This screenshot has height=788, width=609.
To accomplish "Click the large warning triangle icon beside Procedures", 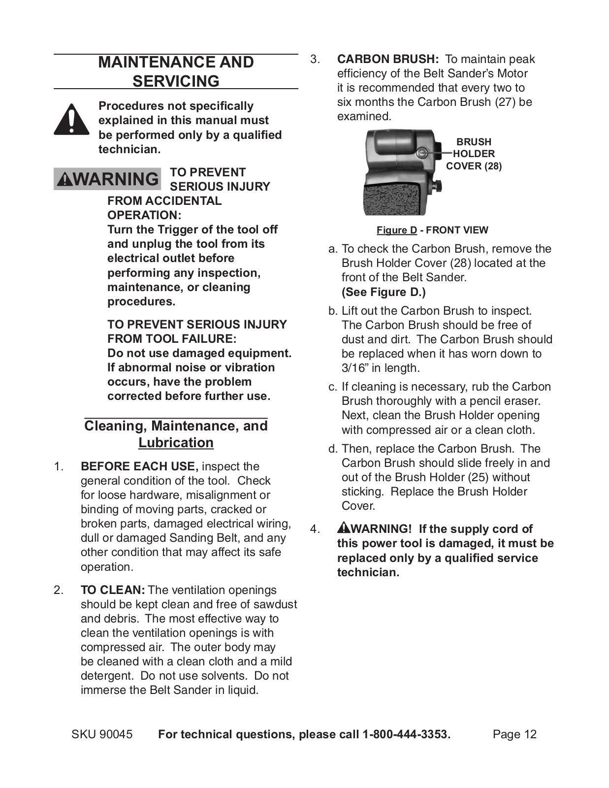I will [x=71, y=120].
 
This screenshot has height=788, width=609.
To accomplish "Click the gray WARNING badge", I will [x=107, y=179].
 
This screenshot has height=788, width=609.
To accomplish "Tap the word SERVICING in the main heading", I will [x=176, y=81].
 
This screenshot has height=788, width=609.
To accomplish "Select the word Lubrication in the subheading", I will [x=176, y=443].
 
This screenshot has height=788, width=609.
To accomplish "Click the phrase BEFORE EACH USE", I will [x=139, y=466].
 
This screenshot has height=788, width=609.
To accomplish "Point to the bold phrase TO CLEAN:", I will [x=113, y=590].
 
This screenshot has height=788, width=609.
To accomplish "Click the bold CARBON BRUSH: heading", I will [x=387, y=59].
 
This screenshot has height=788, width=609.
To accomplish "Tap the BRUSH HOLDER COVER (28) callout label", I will [x=474, y=154].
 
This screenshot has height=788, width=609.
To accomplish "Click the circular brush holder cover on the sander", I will [x=422, y=153].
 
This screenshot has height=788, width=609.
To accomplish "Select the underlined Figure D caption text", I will [x=396, y=230].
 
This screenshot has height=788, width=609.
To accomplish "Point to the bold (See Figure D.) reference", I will [x=384, y=292].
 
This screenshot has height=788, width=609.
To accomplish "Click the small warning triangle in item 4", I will [x=343, y=528].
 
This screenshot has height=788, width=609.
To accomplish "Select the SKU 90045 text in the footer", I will [x=102, y=734].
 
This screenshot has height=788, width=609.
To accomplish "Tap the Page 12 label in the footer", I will [x=514, y=734].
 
